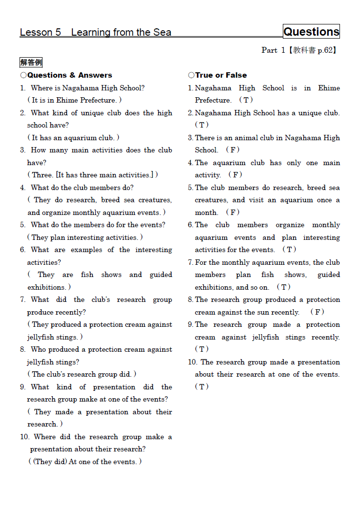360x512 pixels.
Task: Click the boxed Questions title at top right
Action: [311, 32]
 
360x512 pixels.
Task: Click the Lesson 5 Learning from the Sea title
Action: [95, 32]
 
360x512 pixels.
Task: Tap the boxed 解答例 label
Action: [31, 63]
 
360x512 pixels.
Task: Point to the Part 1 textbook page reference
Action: [299, 50]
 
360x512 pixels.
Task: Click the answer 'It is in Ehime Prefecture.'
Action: [74, 100]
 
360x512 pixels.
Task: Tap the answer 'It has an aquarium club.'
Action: [73, 138]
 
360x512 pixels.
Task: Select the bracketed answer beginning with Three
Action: [93, 175]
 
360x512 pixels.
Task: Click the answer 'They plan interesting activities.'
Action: [85, 237]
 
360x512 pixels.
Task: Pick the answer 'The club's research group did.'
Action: [81, 374]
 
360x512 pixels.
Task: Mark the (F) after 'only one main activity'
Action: [235, 175]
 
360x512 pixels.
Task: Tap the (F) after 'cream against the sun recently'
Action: [317, 312]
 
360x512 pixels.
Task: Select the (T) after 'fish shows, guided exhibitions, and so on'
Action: [284, 287]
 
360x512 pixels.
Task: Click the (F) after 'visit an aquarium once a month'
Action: [233, 213]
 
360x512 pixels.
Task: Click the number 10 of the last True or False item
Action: [192, 362]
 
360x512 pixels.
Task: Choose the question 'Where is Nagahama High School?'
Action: [87, 88]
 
